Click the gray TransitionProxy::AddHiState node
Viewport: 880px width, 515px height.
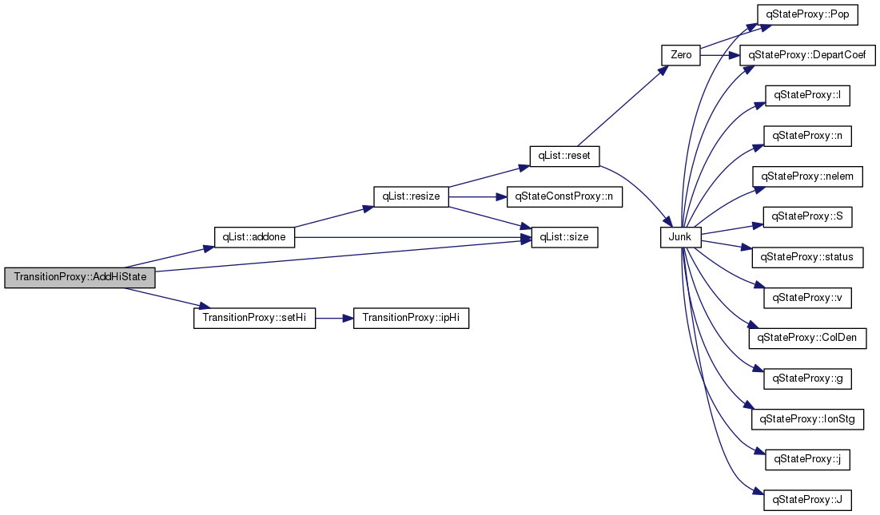[x=80, y=277]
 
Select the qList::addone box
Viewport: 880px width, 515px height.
[x=254, y=237]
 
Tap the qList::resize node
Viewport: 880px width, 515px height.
[x=411, y=196]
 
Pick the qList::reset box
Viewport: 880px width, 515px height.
[x=564, y=156]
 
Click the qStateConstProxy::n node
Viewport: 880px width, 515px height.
[x=564, y=196]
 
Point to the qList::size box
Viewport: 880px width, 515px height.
[x=564, y=237]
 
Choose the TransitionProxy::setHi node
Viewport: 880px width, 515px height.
[x=254, y=318]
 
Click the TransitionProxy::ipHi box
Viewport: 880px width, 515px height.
[x=411, y=318]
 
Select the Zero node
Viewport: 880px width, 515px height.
[x=681, y=55]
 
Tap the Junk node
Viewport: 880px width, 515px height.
[x=681, y=237]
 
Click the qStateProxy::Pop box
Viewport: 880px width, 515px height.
[x=807, y=14]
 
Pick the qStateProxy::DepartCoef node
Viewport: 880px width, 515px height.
[x=807, y=55]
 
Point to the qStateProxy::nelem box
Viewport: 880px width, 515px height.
[x=807, y=176]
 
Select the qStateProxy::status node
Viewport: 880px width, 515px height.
[x=807, y=257]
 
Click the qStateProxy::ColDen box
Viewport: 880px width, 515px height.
[x=807, y=338]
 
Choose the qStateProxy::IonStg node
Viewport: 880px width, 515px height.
[x=807, y=418]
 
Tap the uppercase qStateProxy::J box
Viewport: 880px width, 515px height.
[x=807, y=499]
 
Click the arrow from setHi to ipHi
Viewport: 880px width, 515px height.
[x=334, y=318]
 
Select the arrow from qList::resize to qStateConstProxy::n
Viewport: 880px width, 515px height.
[x=478, y=196]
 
